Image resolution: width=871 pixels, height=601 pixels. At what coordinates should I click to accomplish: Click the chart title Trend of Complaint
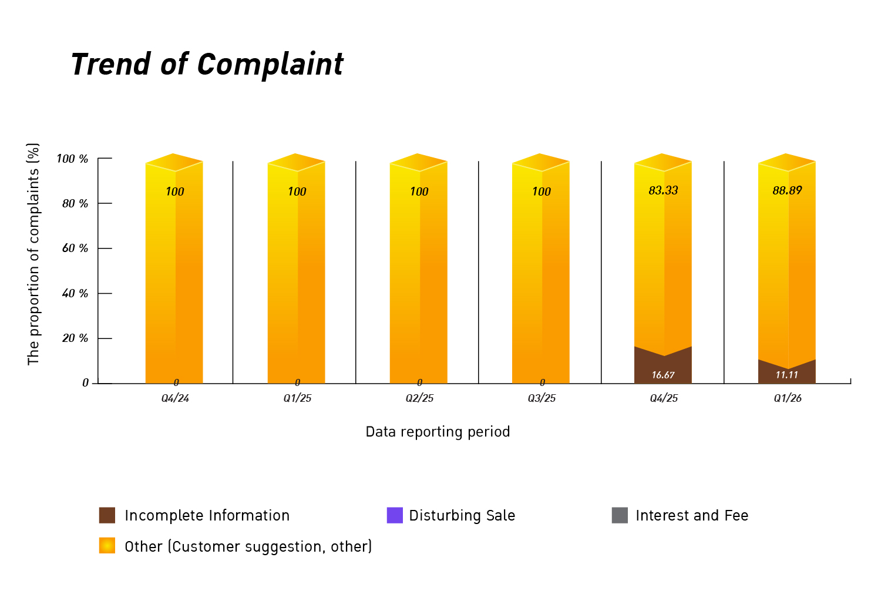pos(207,64)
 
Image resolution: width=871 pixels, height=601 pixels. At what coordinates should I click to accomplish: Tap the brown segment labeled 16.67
pos(663,368)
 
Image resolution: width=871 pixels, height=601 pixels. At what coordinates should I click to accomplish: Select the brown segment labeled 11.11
pos(786,374)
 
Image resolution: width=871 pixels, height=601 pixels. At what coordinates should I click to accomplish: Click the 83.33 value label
pos(663,190)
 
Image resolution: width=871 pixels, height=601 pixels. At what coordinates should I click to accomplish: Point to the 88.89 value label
pos(787,190)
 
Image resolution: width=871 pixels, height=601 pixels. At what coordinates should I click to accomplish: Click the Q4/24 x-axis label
pos(175,398)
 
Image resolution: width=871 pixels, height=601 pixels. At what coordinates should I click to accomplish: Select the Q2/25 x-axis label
pos(419,398)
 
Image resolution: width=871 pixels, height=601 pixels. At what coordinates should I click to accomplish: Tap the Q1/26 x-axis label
pos(788,398)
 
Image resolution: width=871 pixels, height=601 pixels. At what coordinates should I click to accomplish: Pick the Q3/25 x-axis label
pos(542,398)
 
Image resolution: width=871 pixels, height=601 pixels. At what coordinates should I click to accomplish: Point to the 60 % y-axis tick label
pos(75,248)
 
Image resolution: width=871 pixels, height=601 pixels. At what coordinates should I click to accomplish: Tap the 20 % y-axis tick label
pos(75,338)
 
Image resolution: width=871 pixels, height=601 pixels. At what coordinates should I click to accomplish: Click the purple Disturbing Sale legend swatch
pos(395,515)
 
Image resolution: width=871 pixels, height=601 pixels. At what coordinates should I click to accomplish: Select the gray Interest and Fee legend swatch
pos(620,515)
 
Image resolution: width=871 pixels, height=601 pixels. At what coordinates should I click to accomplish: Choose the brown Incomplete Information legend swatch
pos(107,515)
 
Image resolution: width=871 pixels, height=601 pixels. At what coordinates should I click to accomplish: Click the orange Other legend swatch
pos(107,545)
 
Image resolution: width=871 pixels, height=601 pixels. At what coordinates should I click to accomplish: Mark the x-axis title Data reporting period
pos(438,432)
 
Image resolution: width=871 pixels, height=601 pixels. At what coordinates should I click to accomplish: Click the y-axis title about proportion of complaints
pos(33,254)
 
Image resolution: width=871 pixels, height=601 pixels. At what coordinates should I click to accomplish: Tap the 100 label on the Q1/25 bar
pos(297,192)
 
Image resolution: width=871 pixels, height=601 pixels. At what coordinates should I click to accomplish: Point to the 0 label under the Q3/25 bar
pos(542,382)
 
